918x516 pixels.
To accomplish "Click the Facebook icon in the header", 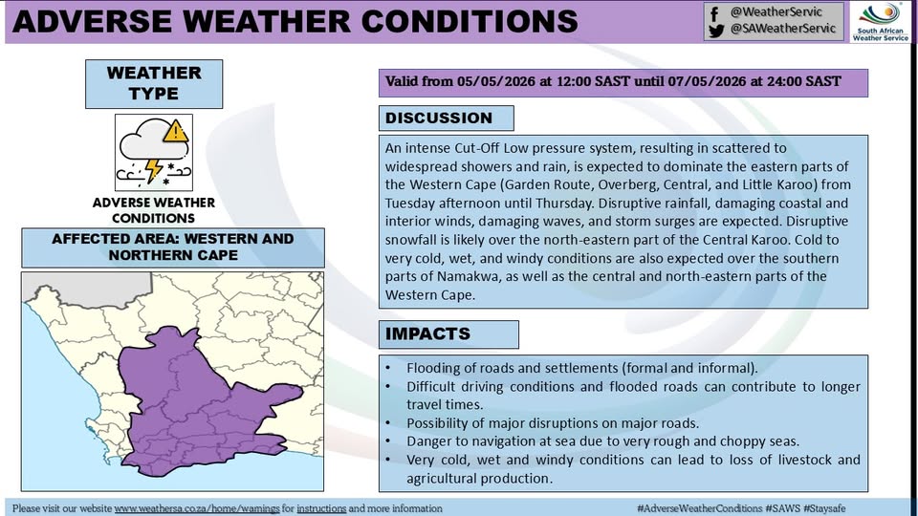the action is point(714,12).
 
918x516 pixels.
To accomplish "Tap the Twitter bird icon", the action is point(715,31).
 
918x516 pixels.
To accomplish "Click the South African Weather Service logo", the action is point(881,22).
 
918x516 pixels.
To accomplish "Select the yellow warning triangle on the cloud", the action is point(175,132).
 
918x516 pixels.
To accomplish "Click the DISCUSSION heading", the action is point(439,118).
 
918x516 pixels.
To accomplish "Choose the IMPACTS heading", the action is point(427,333).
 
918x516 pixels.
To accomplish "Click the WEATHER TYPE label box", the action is point(154,84).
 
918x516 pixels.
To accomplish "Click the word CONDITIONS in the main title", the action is point(470,22).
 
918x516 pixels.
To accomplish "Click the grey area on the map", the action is point(88,288).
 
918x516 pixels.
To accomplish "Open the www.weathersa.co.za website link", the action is point(197,508).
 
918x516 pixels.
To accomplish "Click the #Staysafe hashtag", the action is point(824,508).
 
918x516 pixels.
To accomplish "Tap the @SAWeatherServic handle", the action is point(783,29).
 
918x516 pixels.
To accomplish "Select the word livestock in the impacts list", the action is point(801,460).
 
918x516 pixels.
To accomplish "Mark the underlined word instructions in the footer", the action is point(321,508).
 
